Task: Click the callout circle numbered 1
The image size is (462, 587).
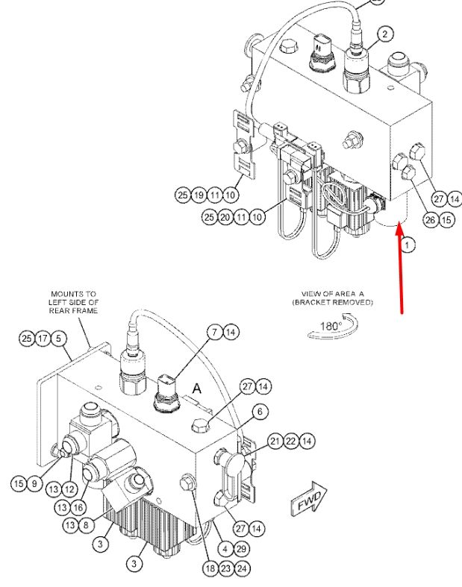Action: pyautogui.click(x=408, y=245)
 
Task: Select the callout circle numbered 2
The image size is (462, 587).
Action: pyautogui.click(x=385, y=34)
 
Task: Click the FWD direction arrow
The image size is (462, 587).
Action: pyautogui.click(x=309, y=499)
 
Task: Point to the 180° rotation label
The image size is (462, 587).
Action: pyautogui.click(x=331, y=326)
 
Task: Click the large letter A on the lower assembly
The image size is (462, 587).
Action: pyautogui.click(x=197, y=389)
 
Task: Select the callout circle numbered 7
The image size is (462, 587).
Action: pyautogui.click(x=215, y=332)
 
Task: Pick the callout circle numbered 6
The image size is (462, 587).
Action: pyautogui.click(x=260, y=412)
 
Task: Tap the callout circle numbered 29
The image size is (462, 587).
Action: pyautogui.click(x=241, y=549)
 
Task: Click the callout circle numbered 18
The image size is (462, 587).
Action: pyautogui.click(x=210, y=568)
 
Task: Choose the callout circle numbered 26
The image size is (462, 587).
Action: pyautogui.click(x=431, y=220)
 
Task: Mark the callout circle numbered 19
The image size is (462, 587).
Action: pyautogui.click(x=199, y=195)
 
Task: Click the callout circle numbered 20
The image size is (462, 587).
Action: pyautogui.click(x=225, y=217)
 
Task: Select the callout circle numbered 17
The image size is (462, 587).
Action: pyautogui.click(x=43, y=339)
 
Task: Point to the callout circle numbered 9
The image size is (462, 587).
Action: pyautogui.click(x=34, y=483)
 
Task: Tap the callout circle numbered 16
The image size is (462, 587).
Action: pyautogui.click(x=78, y=508)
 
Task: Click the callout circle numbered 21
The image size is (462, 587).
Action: pyautogui.click(x=275, y=441)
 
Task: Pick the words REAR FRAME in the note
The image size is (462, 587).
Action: pyautogui.click(x=73, y=311)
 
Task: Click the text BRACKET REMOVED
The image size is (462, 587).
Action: pyautogui.click(x=333, y=303)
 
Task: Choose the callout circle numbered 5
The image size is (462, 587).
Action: pyautogui.click(x=58, y=339)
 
